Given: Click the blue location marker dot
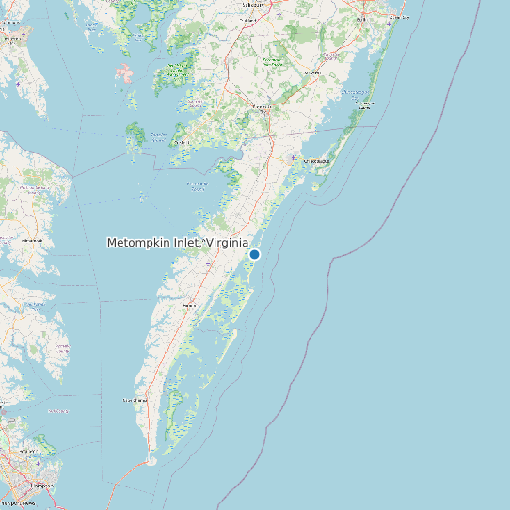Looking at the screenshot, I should coord(254,254).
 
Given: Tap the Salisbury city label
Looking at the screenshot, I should coord(251,4).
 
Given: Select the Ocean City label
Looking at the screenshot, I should coord(399,17).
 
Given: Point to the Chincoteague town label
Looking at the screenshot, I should coord(317,161).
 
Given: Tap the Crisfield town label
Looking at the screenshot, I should coord(182,143).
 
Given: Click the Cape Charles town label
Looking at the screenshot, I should coord(135,400).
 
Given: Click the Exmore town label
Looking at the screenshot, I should coord(189,306).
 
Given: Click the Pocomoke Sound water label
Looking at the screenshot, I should coord(199,184).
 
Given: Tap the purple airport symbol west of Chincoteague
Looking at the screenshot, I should coord(293,157).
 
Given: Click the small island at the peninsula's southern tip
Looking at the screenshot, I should coord(151,461).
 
